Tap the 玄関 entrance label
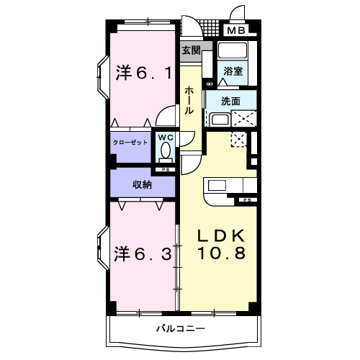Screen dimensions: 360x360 (191, 50)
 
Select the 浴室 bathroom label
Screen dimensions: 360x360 (232, 71)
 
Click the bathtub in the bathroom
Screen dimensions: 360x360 (232, 53)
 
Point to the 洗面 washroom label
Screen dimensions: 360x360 (230, 102)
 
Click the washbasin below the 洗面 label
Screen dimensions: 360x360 (218, 119)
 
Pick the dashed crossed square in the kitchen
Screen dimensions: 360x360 (238, 139)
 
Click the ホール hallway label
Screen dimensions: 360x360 (189, 102)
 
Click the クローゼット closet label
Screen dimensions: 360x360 (130, 143)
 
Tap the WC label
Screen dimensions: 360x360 (166, 138)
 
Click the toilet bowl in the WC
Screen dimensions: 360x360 (166, 153)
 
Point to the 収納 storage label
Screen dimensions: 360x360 (142, 184)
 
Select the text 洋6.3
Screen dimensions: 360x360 (144, 253)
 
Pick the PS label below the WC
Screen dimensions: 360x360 (166, 170)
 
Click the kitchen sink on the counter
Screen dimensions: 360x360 (217, 184)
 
